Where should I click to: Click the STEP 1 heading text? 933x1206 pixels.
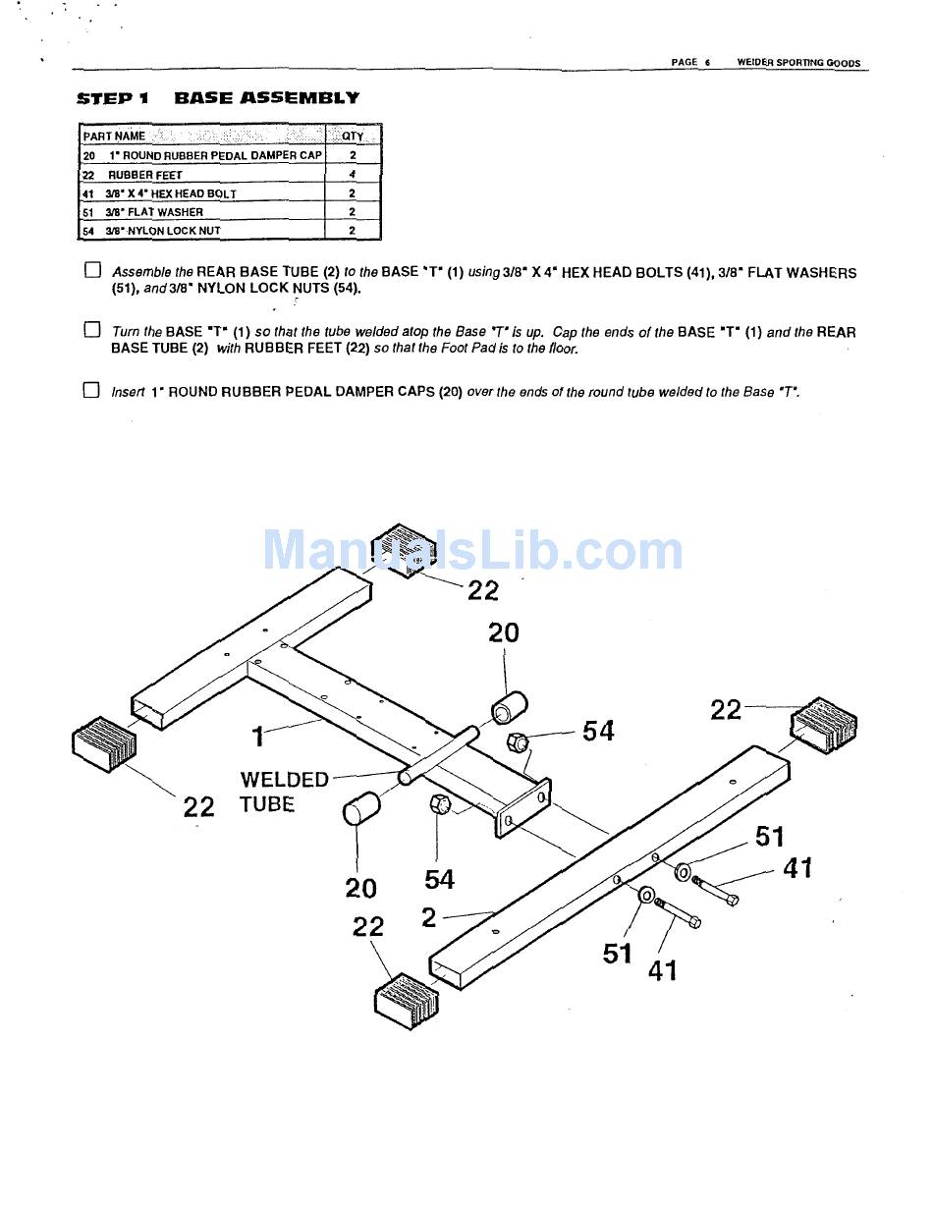coord(113,98)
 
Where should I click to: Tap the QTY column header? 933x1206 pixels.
coord(352,137)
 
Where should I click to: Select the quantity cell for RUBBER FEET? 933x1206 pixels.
coord(352,175)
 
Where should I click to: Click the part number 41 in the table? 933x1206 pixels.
coord(87,194)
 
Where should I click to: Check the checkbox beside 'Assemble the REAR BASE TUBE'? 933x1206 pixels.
coord(92,270)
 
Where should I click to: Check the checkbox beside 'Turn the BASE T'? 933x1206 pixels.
coord(92,330)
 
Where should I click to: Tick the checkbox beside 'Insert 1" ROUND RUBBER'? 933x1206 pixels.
coord(92,390)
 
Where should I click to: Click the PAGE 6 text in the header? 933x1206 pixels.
coord(689,62)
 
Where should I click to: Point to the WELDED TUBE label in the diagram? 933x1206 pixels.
coord(283,792)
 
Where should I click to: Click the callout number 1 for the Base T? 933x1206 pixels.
coord(257,735)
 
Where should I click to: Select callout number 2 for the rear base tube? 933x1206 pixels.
coord(428,917)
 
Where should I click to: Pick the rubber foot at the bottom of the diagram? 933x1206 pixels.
coord(407,1000)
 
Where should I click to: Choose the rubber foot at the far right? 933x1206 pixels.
coord(822,726)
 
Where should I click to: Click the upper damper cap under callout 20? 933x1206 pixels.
coord(509,707)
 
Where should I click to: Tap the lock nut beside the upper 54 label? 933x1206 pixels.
coord(518,741)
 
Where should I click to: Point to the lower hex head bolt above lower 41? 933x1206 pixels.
coord(676,912)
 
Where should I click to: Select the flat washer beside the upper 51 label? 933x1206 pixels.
coord(683,870)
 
